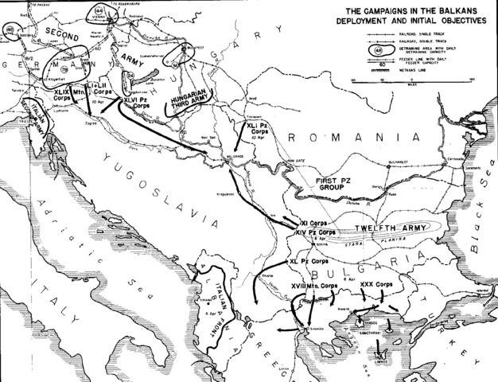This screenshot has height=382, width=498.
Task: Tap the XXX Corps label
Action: click(x=373, y=285)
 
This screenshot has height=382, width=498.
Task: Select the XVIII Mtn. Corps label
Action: click(x=313, y=285)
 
